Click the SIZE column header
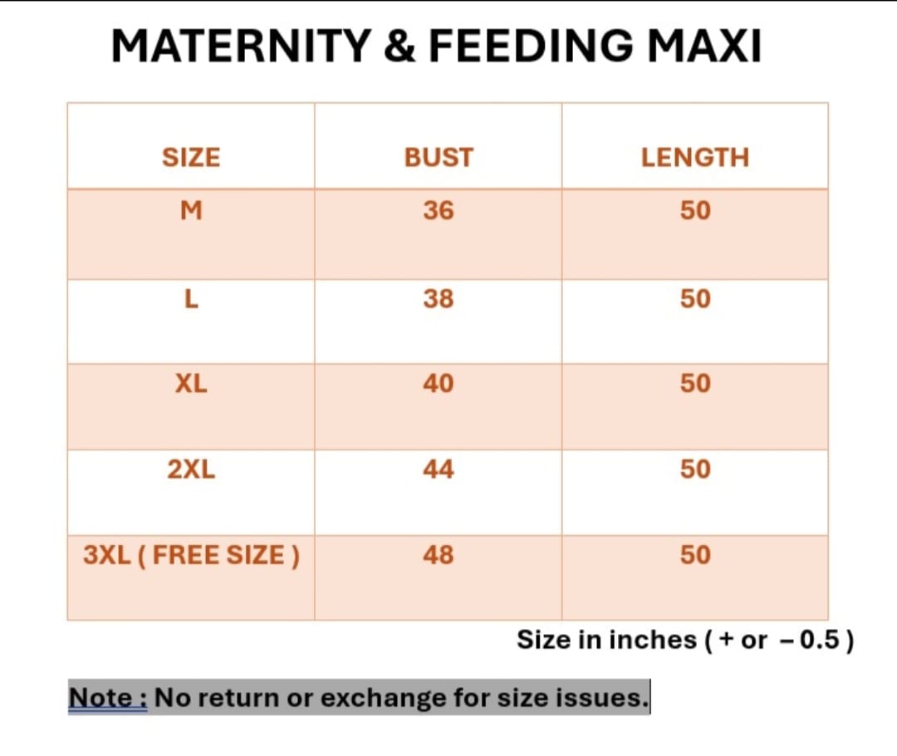click(191, 157)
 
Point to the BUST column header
click(439, 157)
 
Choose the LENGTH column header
click(694, 157)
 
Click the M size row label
click(191, 211)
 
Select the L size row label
click(191, 298)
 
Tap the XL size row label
click(191, 383)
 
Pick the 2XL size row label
click(191, 469)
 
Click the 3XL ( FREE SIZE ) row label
click(192, 554)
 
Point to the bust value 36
click(439, 211)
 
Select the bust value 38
click(439, 298)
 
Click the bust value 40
click(439, 383)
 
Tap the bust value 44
click(439, 469)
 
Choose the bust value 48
click(439, 554)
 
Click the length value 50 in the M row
click(695, 211)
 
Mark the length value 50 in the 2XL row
click(695, 469)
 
